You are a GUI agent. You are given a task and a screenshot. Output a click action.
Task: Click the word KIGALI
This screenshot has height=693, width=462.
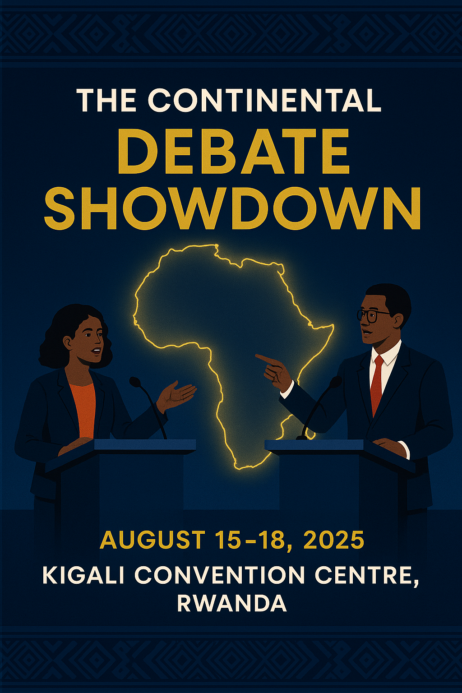click(x=83, y=575)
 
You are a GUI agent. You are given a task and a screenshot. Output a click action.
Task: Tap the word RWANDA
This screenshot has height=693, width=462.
click(x=232, y=603)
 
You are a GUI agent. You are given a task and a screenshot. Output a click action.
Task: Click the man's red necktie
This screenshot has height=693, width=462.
click(x=376, y=383)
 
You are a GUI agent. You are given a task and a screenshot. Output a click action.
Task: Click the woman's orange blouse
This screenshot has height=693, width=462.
click(x=84, y=408)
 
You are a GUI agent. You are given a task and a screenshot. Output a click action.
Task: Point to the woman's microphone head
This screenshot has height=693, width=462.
click(x=135, y=382)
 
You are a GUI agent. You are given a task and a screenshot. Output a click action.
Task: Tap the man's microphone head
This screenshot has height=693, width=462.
click(x=336, y=382)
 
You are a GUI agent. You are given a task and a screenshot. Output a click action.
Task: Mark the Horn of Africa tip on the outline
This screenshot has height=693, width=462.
click(x=333, y=325)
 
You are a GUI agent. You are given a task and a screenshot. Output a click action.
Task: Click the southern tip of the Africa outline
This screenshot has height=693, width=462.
click(x=237, y=466)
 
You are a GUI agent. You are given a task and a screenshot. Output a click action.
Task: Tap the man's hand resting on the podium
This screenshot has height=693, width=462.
click(x=390, y=446)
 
